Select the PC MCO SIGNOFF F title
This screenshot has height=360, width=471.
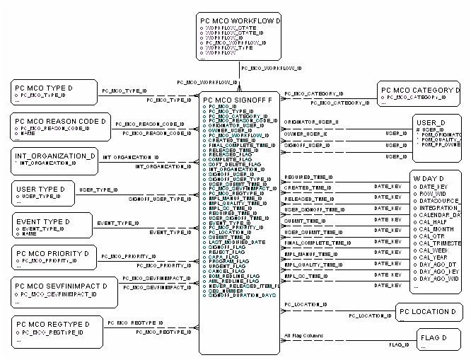tap(237, 100)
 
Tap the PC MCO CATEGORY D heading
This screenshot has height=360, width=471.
tap(421, 91)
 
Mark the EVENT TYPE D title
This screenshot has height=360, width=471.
tap(43, 222)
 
